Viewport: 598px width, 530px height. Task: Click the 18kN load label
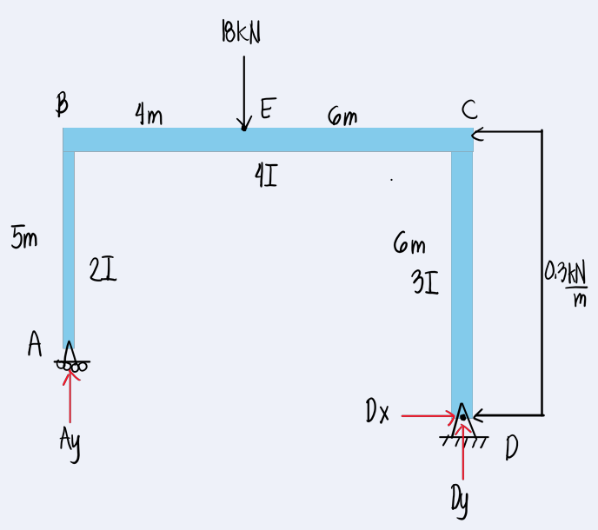pos(241,31)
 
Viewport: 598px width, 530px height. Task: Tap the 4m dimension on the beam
pos(149,114)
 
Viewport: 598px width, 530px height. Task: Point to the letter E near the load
pos(268,109)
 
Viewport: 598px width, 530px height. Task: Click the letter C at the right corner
pos(469,109)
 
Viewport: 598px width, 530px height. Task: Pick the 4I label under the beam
pos(266,176)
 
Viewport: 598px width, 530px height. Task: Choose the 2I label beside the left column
pos(103,269)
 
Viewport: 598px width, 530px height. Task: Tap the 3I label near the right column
pos(425,282)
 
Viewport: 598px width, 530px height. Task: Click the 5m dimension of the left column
pos(24,236)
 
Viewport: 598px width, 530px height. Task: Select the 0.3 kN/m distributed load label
pos(566,283)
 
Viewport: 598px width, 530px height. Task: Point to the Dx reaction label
pos(377,411)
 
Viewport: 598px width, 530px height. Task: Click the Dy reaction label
pos(460,501)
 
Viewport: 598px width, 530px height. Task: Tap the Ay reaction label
pos(70,444)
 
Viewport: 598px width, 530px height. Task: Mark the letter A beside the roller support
pos(35,343)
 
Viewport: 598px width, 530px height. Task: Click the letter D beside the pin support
pos(511,447)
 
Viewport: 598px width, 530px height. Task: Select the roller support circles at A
pos(71,367)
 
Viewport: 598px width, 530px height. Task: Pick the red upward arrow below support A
pos(70,396)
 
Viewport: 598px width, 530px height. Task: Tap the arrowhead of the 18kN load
pos(244,123)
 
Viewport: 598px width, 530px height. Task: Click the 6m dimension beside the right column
pos(409,243)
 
